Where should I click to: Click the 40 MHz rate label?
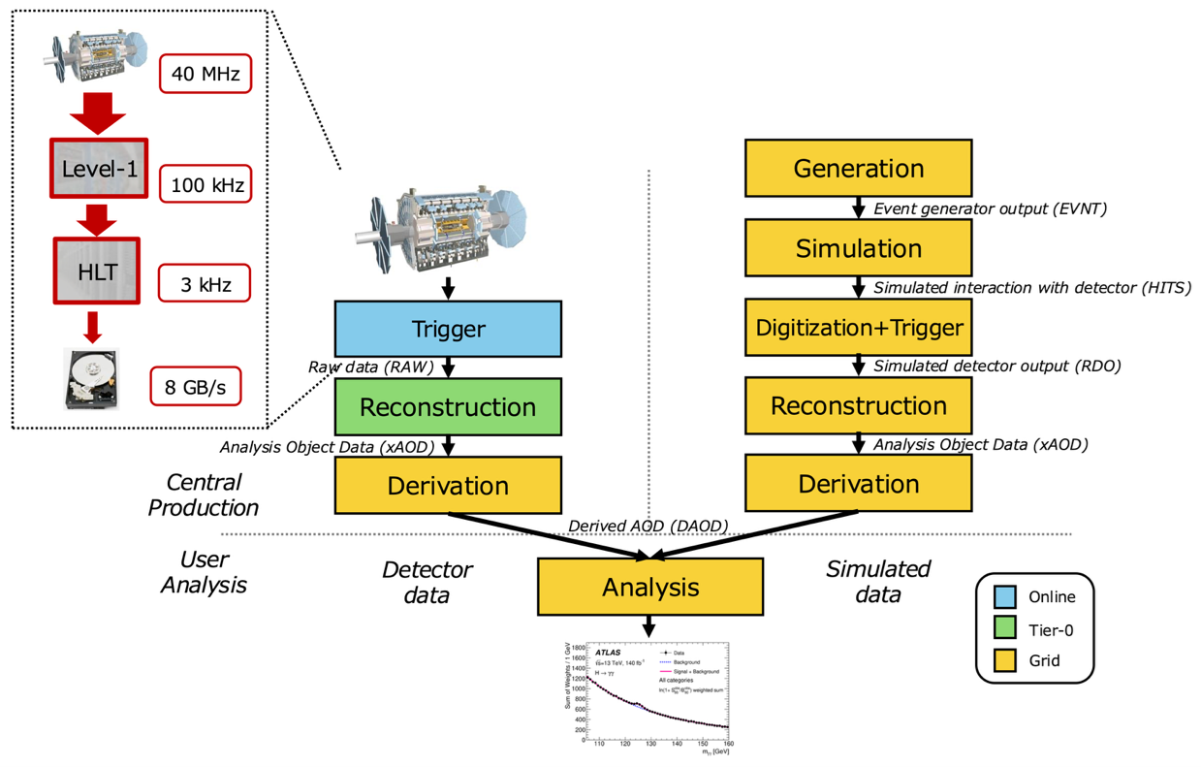205,74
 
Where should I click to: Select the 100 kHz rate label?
205,182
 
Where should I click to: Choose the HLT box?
97,271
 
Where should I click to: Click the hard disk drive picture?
93,377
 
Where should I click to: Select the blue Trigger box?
448,328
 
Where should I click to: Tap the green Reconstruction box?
448,406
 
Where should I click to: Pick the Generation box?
858,168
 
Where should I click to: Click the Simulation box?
858,247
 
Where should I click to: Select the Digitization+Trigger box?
858,327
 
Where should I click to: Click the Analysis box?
650,587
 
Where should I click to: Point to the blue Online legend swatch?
1005,596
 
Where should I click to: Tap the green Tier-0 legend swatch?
1005,629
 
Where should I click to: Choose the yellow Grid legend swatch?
1005,661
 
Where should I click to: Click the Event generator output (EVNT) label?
991,208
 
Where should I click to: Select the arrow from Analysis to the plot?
650,626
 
